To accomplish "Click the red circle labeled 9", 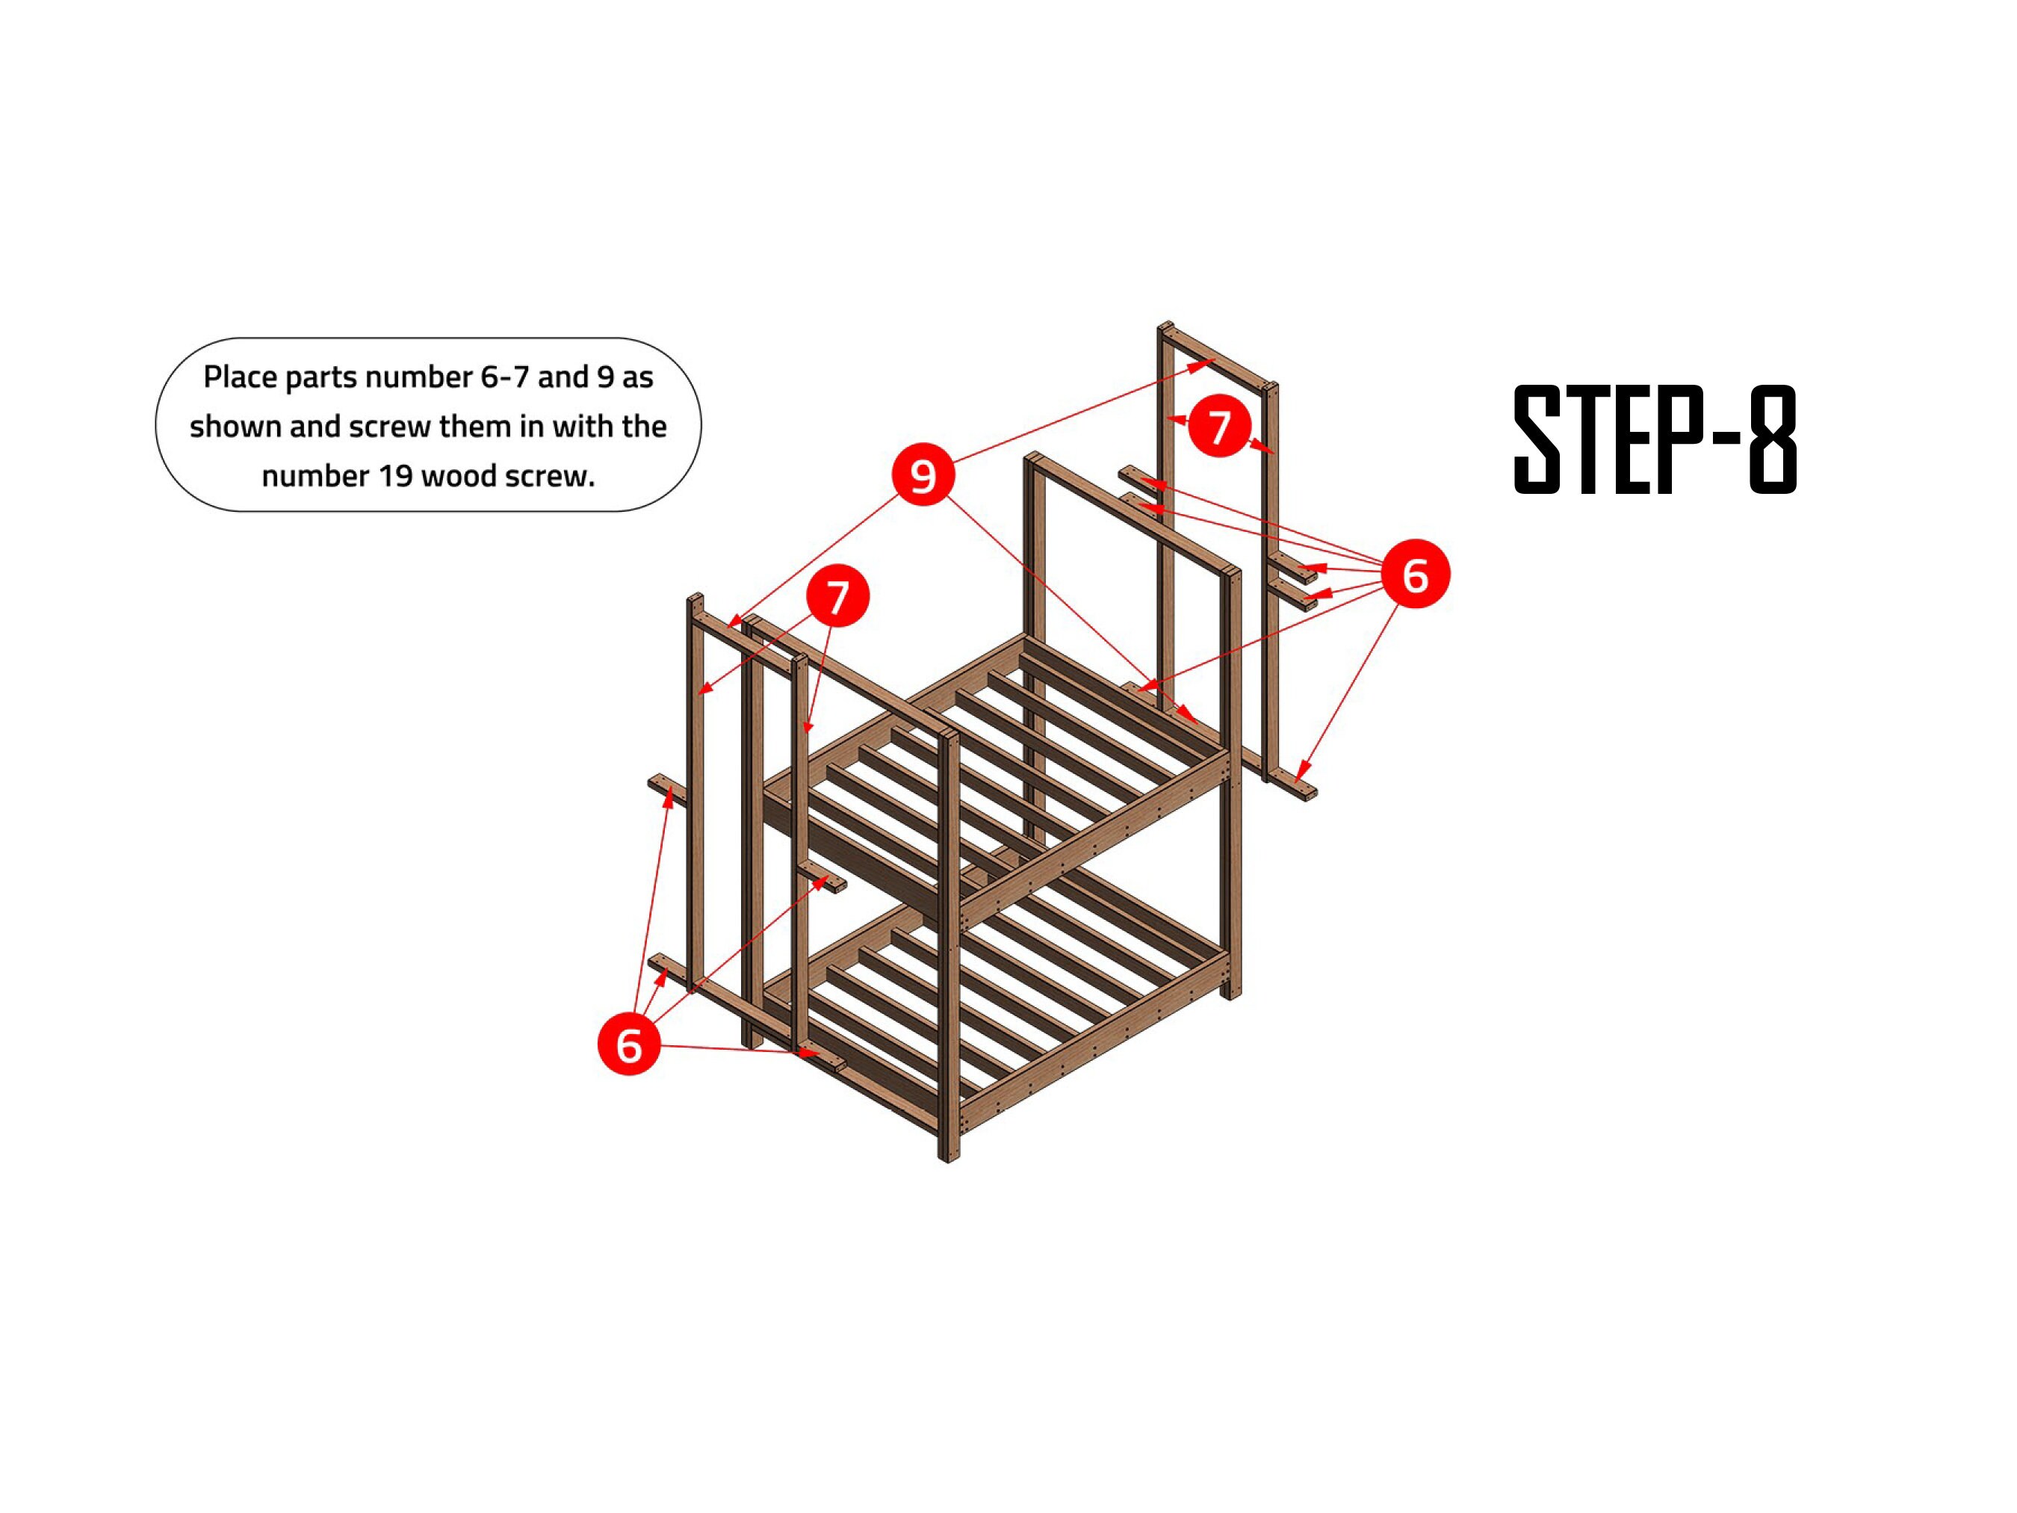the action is pyautogui.click(x=923, y=474).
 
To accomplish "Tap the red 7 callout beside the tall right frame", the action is pyautogui.click(x=1219, y=425).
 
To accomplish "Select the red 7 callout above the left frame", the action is pyautogui.click(x=837, y=595).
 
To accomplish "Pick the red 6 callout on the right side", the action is pyautogui.click(x=1414, y=574).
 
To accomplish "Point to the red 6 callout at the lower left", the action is pyautogui.click(x=628, y=1045).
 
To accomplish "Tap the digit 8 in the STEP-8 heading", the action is pyautogui.click(x=1773, y=439).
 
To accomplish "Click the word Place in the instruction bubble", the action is pyautogui.click(x=240, y=377).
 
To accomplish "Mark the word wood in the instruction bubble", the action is pyautogui.click(x=458, y=476).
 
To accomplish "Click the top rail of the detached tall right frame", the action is pyautogui.click(x=1218, y=356).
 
